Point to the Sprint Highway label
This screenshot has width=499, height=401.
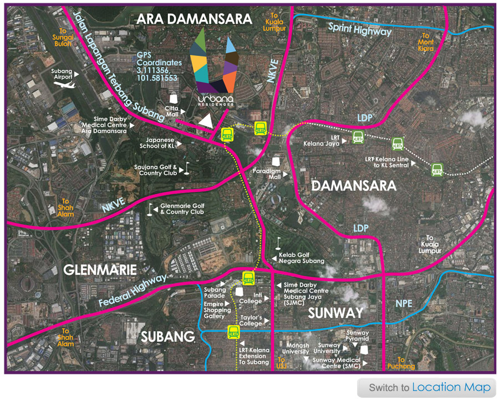click(x=359, y=29)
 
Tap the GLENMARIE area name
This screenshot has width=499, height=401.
click(x=99, y=270)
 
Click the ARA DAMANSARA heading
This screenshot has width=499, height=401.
click(x=194, y=19)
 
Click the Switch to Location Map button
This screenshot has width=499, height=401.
click(x=426, y=388)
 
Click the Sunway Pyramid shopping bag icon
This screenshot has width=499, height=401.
click(x=364, y=348)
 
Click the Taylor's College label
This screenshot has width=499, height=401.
click(x=251, y=321)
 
